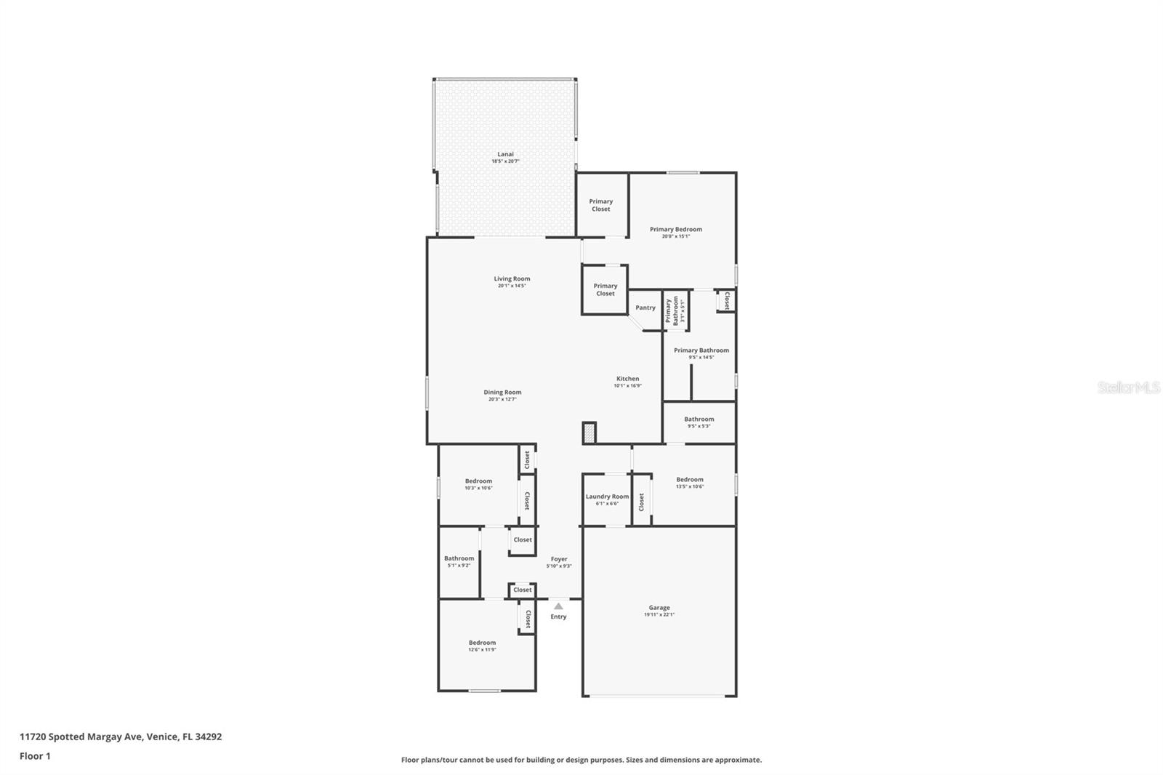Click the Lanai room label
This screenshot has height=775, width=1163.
(505, 154)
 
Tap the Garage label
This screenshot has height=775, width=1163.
(659, 608)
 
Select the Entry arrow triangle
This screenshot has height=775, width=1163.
(558, 606)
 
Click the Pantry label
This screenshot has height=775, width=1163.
(645, 308)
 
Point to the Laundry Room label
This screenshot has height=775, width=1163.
(607, 497)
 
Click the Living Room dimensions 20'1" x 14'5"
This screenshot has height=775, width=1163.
(512, 286)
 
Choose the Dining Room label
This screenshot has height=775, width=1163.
(502, 393)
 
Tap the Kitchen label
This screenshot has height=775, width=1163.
(628, 379)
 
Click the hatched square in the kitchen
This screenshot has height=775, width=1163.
(589, 433)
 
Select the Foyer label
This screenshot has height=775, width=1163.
(559, 559)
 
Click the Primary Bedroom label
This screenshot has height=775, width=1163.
(676, 229)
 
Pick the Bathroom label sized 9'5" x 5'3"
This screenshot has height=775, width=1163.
(699, 419)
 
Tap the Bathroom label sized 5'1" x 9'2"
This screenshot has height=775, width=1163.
(459, 558)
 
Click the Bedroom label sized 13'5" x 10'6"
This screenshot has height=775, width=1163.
(690, 479)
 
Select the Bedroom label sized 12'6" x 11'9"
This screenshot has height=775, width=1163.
(482, 643)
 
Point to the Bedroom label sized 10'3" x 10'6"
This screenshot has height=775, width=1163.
(478, 481)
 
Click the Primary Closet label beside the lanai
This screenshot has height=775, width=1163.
(601, 205)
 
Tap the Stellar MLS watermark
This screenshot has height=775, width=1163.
(1128, 387)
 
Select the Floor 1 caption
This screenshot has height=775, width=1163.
(35, 756)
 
